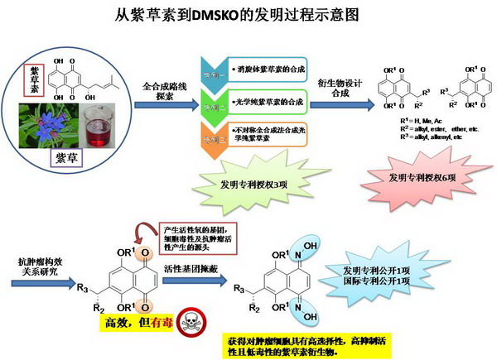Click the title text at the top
pos(248,14)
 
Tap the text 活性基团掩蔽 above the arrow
pos(192,268)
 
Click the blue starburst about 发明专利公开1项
pos(382,275)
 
